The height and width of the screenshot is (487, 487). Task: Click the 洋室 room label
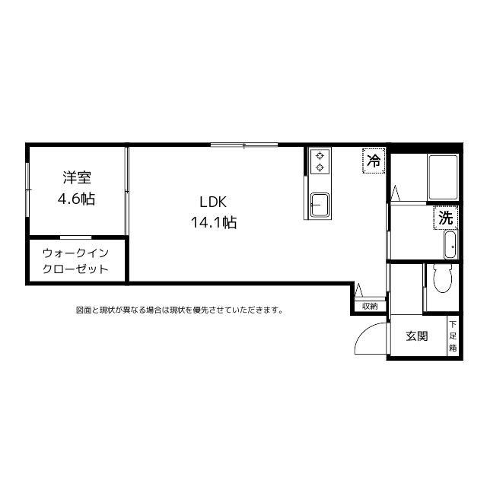pos(77,178)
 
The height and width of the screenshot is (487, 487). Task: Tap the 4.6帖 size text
pos(77,199)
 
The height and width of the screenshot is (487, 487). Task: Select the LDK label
pos(214,202)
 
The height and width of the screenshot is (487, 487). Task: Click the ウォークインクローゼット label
pos(75,260)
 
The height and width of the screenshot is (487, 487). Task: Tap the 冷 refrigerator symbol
pos(374,161)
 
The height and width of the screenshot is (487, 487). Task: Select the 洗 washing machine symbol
pos(447,217)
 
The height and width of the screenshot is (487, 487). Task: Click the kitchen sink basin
pos(319,204)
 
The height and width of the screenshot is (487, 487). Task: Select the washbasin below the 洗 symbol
pos(449,244)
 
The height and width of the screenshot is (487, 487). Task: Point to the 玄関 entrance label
pos(416,336)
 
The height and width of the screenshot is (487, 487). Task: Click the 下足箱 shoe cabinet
pos(453,336)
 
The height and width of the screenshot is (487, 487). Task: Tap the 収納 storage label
pos(370,306)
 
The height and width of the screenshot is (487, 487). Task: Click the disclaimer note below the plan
pos(180,310)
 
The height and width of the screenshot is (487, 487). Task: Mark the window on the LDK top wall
pos(244,145)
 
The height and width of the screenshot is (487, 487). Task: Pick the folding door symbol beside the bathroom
pos(396,195)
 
